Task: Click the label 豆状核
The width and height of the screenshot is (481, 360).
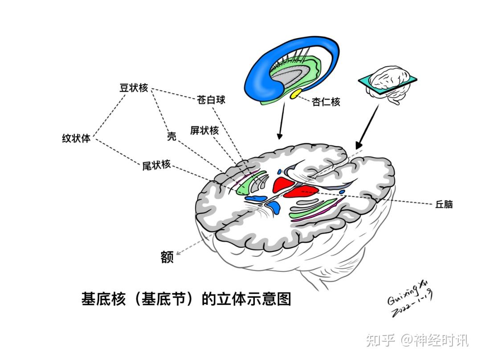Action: (133, 88)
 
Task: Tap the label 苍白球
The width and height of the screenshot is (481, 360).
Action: (211, 99)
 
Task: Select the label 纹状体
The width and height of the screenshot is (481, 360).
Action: (76, 138)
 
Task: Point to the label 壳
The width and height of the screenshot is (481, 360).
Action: (171, 137)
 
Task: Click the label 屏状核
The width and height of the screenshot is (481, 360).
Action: (204, 130)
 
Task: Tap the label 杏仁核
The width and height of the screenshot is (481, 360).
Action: (326, 102)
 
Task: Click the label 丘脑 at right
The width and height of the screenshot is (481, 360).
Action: (444, 205)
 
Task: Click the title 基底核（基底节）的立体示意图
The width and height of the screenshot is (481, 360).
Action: (186, 299)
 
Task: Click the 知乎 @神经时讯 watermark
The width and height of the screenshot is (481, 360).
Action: (417, 340)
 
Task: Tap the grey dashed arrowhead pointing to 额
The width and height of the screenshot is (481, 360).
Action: (179, 254)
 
